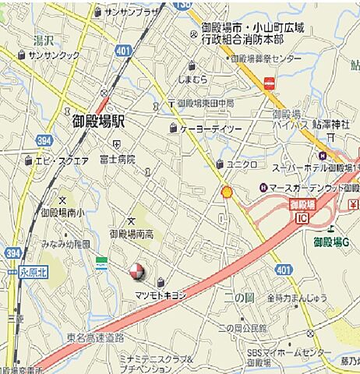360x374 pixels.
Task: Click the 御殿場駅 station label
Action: coord(99,123)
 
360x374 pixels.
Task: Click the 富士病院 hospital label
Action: coord(118,159)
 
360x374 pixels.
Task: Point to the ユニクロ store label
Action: coord(242,164)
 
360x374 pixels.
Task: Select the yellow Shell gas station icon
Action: coord(227,191)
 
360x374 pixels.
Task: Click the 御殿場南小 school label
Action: coord(60,212)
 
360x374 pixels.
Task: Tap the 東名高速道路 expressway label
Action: coord(95,337)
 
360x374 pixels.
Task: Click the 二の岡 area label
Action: coord(235,297)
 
